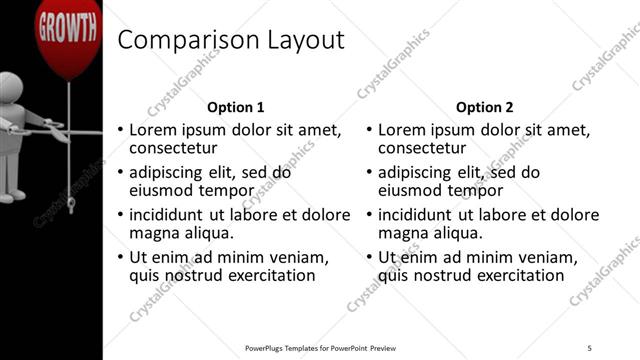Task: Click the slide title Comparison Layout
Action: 231,40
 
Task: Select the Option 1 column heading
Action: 235,107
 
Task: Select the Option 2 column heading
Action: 485,107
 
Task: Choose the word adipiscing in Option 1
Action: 170,172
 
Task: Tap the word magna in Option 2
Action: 404,233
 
